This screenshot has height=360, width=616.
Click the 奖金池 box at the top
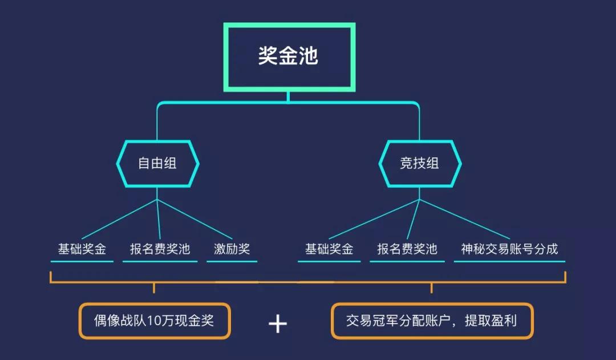pos(289,56)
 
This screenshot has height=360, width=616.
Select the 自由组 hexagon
pos(157,163)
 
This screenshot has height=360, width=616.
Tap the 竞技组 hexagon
pos(420,163)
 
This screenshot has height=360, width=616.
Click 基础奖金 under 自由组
pos(82,249)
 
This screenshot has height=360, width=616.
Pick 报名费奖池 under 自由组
pos(160,249)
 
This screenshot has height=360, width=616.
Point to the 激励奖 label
pos(232,249)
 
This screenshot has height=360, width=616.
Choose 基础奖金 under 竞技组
pos(329,249)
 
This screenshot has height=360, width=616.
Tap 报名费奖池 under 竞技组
pos(407,249)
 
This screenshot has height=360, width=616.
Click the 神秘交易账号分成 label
pos(509,249)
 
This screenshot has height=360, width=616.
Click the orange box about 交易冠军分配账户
pos(432,321)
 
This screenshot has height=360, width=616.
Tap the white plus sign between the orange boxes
pos(278,324)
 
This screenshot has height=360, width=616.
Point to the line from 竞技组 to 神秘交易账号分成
pos(465,219)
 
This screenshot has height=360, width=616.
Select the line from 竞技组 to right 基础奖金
pos(374,219)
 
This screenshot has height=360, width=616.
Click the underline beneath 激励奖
pos(232,261)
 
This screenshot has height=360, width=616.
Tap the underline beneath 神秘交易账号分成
pos(509,261)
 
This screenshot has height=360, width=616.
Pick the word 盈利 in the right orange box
pos(506,321)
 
